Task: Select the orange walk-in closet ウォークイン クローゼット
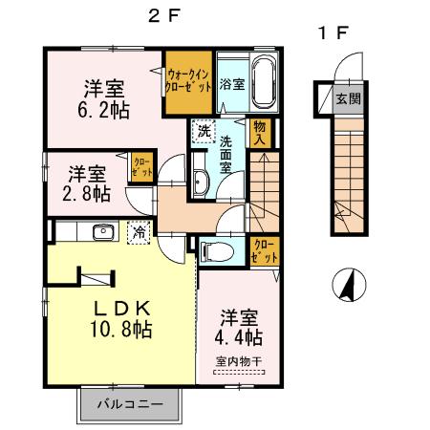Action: [x=186, y=79]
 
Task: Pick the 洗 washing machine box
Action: [x=203, y=131]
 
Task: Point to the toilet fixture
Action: [x=217, y=251]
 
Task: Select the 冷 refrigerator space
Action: [x=140, y=230]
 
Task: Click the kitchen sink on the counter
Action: [x=102, y=230]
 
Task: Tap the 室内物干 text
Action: [x=239, y=361]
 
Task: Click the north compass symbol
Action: [x=348, y=284]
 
